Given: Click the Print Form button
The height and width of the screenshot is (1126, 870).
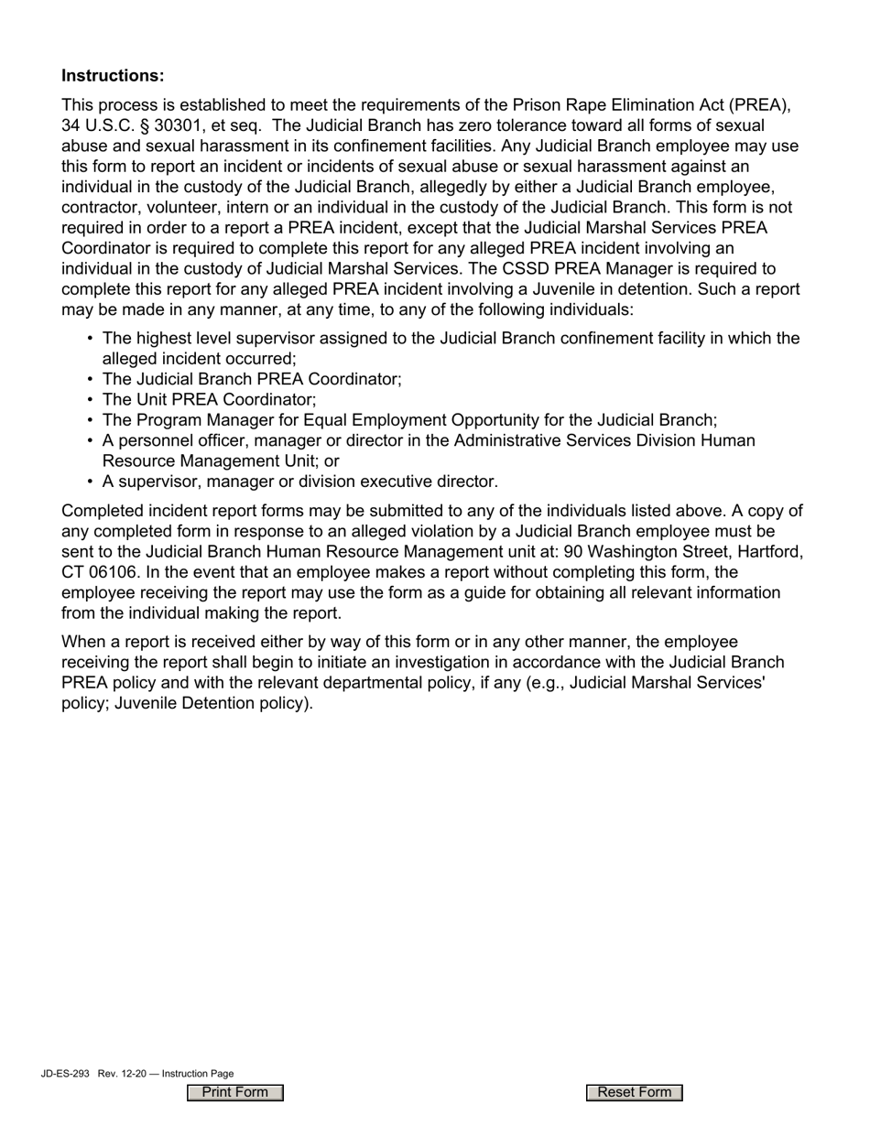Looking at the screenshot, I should pyautogui.click(x=235, y=1092).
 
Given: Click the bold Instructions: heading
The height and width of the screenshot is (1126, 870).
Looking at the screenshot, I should pyautogui.click(x=113, y=75).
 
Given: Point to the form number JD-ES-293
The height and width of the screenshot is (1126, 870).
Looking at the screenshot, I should pyautogui.click(x=65, y=1074).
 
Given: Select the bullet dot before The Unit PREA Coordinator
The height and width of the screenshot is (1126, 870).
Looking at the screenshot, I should pyautogui.click(x=90, y=400).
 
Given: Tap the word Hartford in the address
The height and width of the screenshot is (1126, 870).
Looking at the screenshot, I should pyautogui.click(x=770, y=552).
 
